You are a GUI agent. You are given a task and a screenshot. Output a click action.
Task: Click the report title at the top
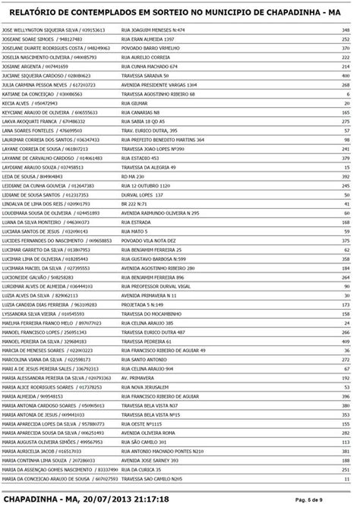179,14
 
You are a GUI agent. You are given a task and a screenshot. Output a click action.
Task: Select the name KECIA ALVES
16,102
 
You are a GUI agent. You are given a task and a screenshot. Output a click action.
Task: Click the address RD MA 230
134,175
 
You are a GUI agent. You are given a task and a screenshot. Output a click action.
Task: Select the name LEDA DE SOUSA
21,175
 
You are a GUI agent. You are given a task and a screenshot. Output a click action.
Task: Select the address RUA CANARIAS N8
141,112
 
